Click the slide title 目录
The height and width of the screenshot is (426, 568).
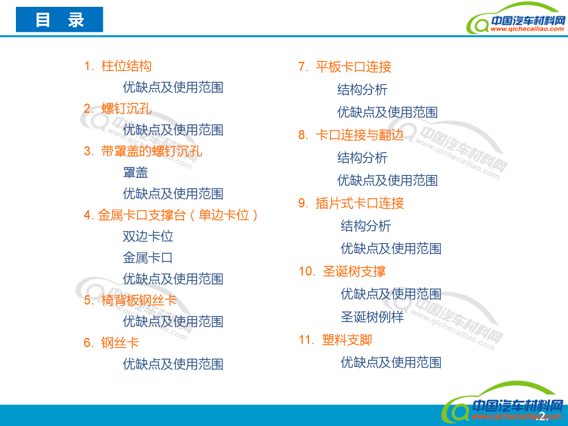click(x=60, y=20)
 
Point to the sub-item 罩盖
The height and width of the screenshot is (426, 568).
click(x=135, y=173)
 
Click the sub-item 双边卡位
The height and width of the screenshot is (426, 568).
click(x=148, y=236)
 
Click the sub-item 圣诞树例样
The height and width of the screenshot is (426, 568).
click(x=372, y=317)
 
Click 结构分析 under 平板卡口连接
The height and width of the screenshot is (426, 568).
click(x=362, y=90)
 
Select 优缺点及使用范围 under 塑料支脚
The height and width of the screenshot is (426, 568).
click(x=391, y=362)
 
